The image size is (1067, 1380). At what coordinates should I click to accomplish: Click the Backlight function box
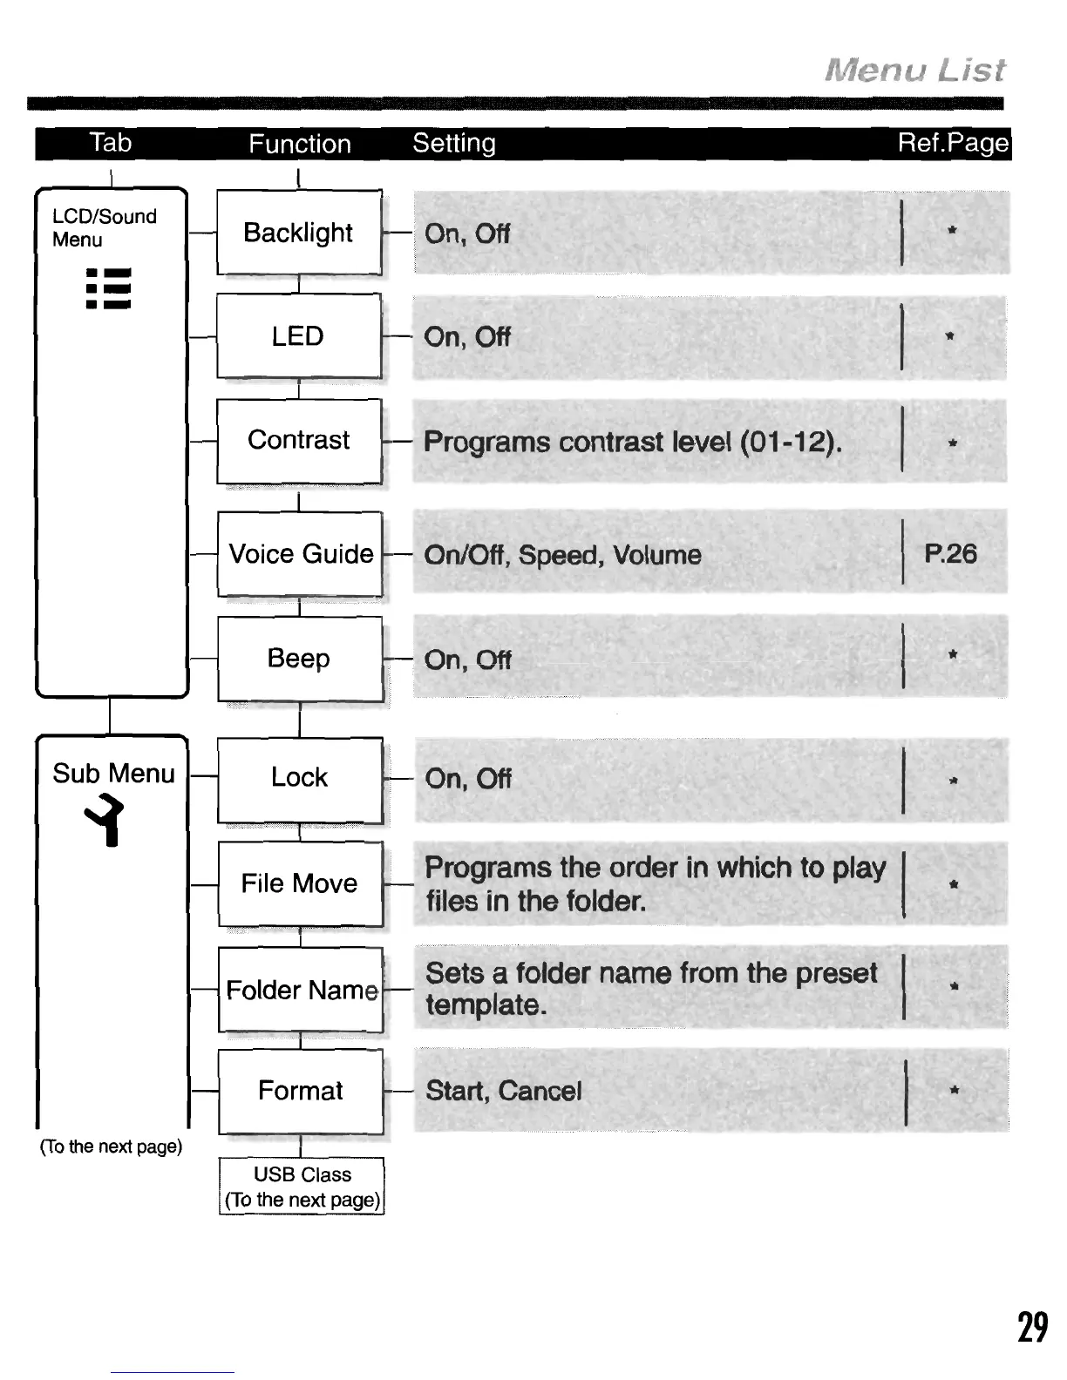tap(299, 233)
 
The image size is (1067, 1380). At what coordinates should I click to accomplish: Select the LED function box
tap(299, 336)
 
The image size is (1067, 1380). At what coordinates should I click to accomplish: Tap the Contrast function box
tap(299, 440)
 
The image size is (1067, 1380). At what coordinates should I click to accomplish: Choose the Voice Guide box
tap(300, 554)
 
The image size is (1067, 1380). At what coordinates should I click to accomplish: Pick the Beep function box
tap(300, 659)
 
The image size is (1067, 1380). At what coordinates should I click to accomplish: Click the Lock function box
tap(300, 777)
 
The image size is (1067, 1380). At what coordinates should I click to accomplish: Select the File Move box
tap(300, 883)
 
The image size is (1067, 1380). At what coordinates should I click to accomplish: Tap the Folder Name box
tap(301, 990)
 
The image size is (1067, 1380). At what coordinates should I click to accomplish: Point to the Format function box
tap(301, 1091)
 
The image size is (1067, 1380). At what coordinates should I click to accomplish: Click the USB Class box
tap(302, 1187)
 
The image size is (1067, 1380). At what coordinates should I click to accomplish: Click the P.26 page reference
tap(950, 554)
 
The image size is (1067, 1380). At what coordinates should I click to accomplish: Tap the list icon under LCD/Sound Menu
tap(108, 289)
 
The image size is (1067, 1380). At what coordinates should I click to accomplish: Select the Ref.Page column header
tap(953, 143)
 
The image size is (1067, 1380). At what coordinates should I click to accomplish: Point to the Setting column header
tap(454, 143)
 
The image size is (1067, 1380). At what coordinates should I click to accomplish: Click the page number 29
tap(1033, 1328)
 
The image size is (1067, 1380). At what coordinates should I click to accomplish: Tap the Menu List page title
tap(915, 70)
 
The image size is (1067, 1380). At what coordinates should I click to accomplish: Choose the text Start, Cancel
tap(504, 1091)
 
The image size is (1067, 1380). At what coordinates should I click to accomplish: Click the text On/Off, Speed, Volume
tap(562, 555)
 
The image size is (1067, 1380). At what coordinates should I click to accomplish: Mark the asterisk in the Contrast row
tap(953, 443)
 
